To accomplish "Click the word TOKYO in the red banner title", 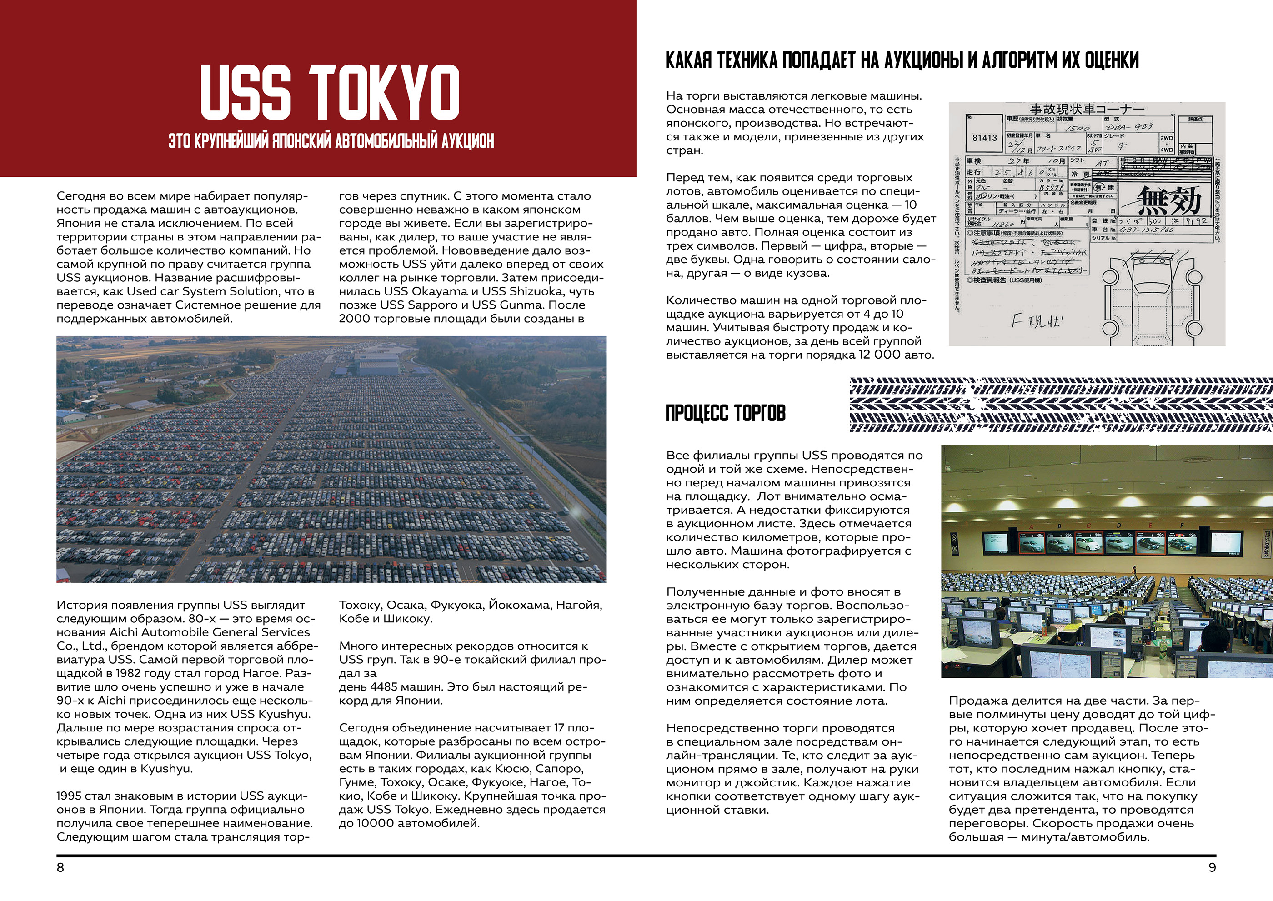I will tap(384, 92).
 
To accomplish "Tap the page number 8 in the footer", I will tap(60, 868).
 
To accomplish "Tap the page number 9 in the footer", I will tap(1212, 868).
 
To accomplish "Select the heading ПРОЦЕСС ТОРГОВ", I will tap(725, 413).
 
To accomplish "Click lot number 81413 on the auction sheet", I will tap(984, 138).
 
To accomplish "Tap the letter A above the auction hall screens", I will tap(1031, 526).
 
